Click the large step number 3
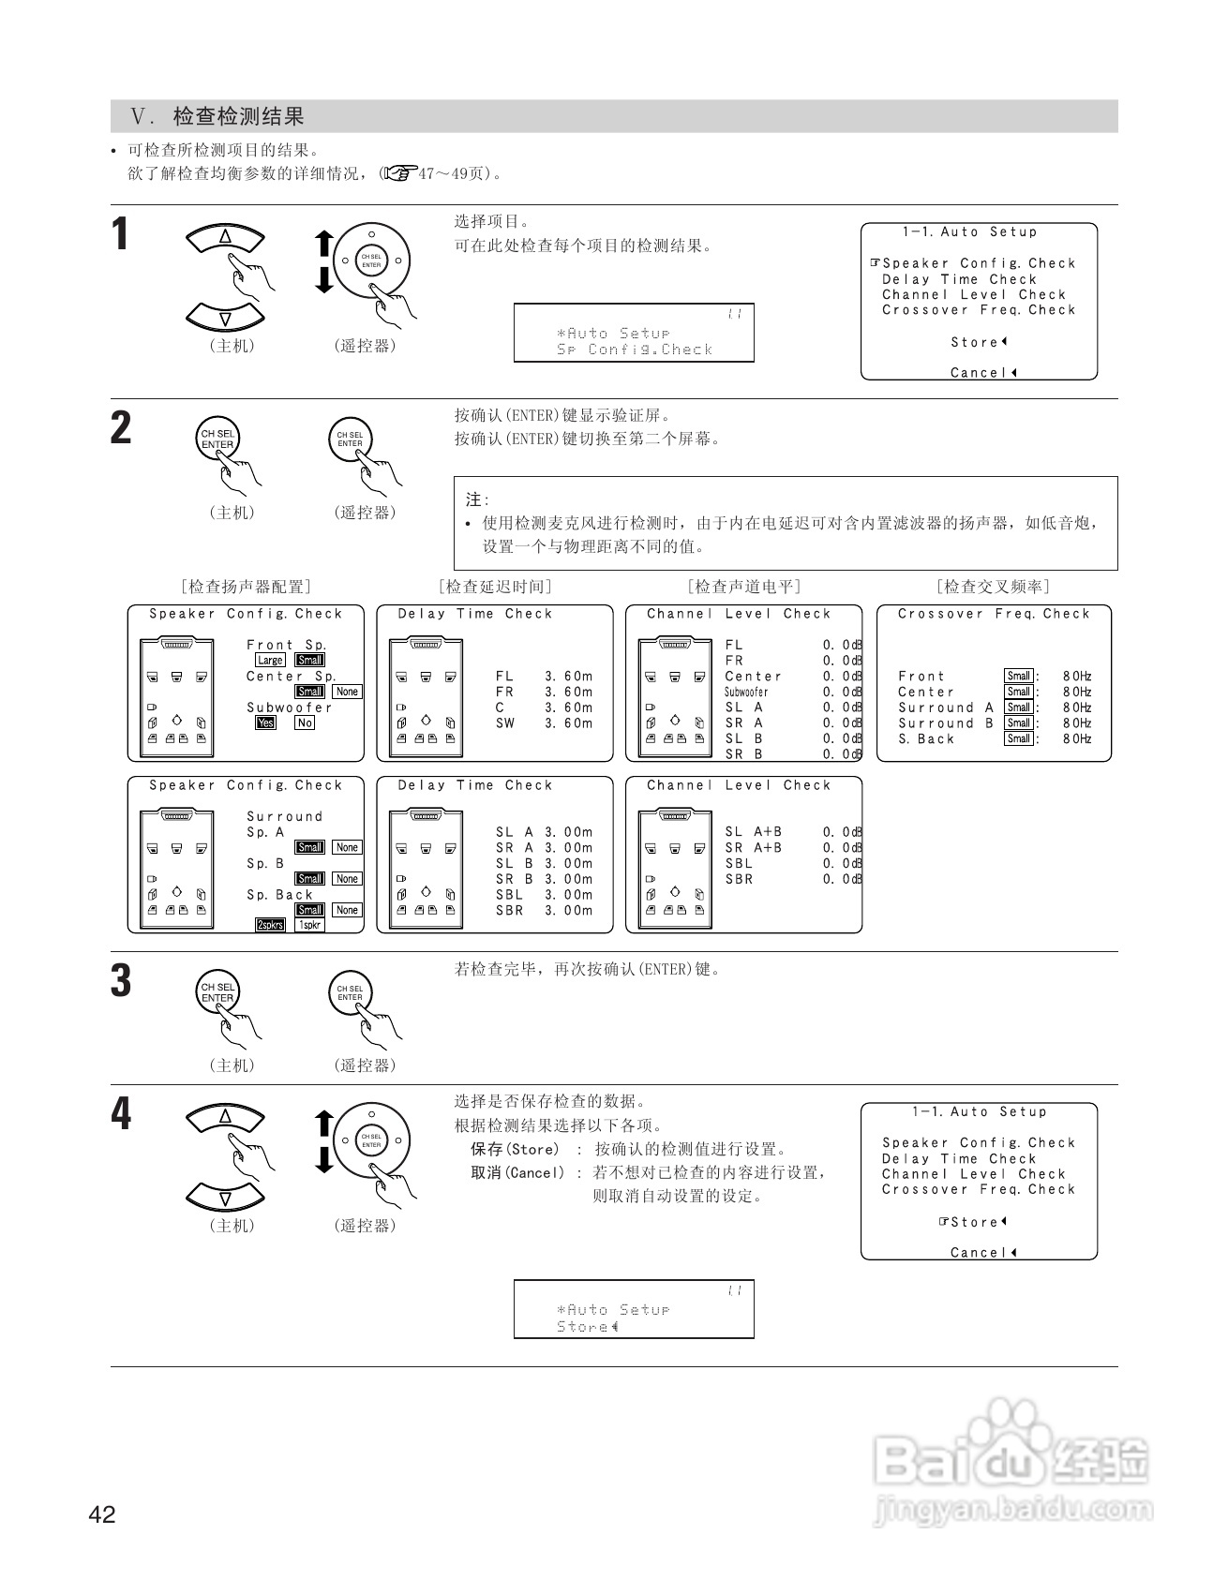(x=121, y=980)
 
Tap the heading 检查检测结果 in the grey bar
(x=239, y=117)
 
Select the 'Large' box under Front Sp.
(x=270, y=660)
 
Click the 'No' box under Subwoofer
(x=305, y=722)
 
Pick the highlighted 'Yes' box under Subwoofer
(x=266, y=722)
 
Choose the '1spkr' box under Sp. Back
(x=309, y=925)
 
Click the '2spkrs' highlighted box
(x=270, y=925)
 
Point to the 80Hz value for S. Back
(x=1077, y=738)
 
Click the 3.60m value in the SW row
(x=569, y=722)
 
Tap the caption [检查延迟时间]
(x=495, y=587)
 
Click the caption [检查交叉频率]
(x=993, y=587)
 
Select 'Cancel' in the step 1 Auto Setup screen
(x=980, y=373)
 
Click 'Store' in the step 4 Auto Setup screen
(x=975, y=1222)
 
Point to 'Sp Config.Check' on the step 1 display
(x=635, y=350)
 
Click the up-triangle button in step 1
(x=225, y=238)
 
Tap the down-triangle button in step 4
(x=225, y=1197)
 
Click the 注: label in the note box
(x=477, y=500)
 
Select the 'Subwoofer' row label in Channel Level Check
(x=746, y=692)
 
